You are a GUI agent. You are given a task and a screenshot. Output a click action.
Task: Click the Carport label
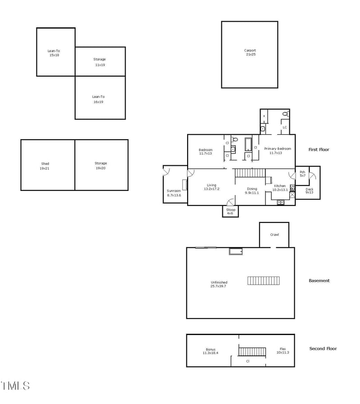(x=250, y=52)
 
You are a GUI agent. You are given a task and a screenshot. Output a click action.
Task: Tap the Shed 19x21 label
(x=45, y=166)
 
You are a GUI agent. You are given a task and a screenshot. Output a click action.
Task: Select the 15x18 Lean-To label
(x=54, y=53)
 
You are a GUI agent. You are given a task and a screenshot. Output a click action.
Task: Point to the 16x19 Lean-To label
(x=99, y=99)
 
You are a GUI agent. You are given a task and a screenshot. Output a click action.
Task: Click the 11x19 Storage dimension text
(x=100, y=65)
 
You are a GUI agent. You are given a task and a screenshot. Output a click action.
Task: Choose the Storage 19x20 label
(x=101, y=166)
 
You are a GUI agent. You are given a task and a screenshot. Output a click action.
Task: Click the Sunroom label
(x=174, y=193)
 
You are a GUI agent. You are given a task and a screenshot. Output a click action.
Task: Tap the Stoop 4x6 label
(x=230, y=211)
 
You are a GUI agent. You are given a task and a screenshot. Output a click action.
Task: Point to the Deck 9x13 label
(x=310, y=191)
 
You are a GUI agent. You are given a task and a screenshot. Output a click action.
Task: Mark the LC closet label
(x=284, y=127)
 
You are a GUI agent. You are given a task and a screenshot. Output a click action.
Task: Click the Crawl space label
(x=274, y=235)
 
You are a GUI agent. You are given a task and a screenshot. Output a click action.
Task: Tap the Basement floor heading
(x=319, y=281)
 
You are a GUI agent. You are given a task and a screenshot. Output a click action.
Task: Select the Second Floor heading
(x=323, y=349)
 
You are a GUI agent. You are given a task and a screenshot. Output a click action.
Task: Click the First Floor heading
(x=319, y=149)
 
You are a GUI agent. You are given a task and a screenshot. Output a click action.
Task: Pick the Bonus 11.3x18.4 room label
(x=210, y=351)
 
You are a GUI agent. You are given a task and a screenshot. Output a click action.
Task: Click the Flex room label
(x=283, y=350)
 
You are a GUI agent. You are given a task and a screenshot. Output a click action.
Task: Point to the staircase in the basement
(x=263, y=281)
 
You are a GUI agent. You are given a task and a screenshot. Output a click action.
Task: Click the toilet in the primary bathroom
(x=284, y=114)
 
